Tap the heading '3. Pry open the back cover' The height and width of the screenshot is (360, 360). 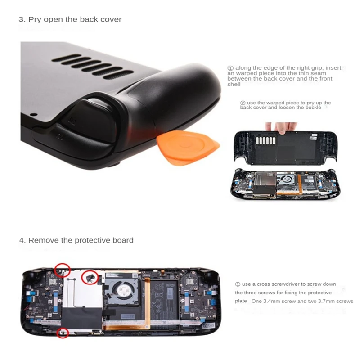point(70,19)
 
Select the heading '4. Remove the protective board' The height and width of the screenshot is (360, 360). point(76,240)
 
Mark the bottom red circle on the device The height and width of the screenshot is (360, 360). point(63,333)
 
